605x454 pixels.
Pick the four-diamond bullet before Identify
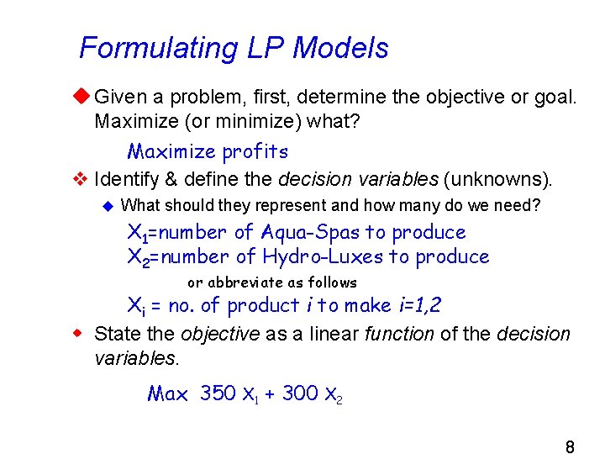(x=82, y=178)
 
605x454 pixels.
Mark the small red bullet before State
(x=82, y=334)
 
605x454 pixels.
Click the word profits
(x=255, y=152)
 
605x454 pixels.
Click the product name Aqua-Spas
(x=308, y=232)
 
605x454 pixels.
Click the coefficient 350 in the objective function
(x=218, y=393)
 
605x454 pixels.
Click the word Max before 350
(x=168, y=393)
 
